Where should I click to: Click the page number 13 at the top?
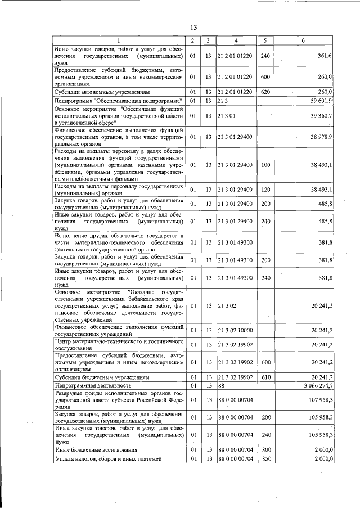(x=193, y=28)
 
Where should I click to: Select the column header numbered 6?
(x=303, y=40)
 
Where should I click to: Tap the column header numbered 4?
(x=236, y=40)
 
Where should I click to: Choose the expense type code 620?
(x=265, y=92)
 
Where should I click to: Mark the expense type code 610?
(x=265, y=377)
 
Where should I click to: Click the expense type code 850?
(x=265, y=459)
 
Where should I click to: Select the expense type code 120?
(x=265, y=190)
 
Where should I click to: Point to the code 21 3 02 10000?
(x=235, y=330)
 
